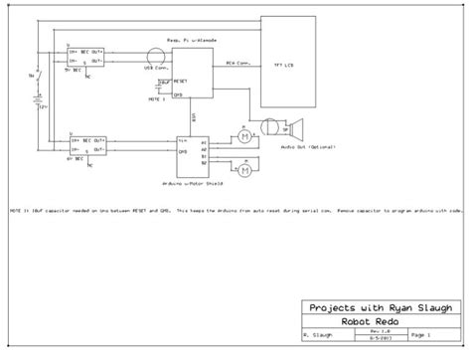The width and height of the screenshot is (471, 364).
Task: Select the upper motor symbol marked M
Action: pyautogui.click(x=240, y=136)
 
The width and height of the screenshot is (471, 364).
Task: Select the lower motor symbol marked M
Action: pyautogui.click(x=240, y=159)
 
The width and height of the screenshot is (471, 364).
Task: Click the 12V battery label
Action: pyautogui.click(x=43, y=107)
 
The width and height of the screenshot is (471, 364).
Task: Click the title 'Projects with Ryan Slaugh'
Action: pyautogui.click(x=378, y=308)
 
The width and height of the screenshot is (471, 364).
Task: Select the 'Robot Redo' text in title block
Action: pyautogui.click(x=378, y=322)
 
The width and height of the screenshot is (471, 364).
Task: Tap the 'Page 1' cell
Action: pyautogui.click(x=418, y=336)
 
